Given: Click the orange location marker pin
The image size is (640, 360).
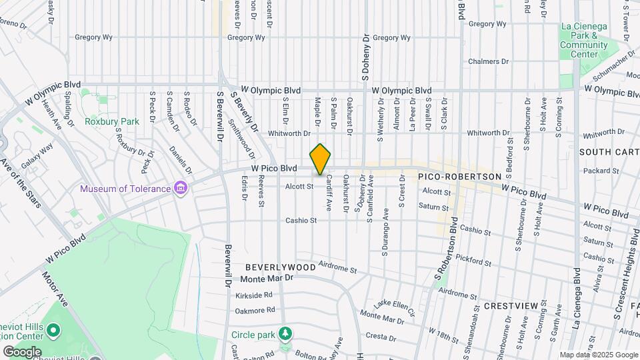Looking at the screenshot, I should click(321, 159).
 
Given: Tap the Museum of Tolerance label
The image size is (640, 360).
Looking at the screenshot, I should click(125, 189).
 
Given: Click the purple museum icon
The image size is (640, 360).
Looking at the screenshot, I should click(179, 189).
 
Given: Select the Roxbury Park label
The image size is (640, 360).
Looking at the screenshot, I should click(112, 121).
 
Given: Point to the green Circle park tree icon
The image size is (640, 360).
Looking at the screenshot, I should click(286, 333).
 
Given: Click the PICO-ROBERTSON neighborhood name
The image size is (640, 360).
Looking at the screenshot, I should click(459, 176).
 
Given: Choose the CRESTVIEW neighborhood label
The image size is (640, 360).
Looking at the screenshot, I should click(511, 305).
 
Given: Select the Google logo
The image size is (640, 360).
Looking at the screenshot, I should click(22, 351).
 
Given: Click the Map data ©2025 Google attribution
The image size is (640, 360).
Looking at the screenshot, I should click(598, 355).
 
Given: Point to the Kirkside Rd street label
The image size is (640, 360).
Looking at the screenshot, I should click(254, 295).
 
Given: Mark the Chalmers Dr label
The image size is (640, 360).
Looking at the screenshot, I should click(488, 61).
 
